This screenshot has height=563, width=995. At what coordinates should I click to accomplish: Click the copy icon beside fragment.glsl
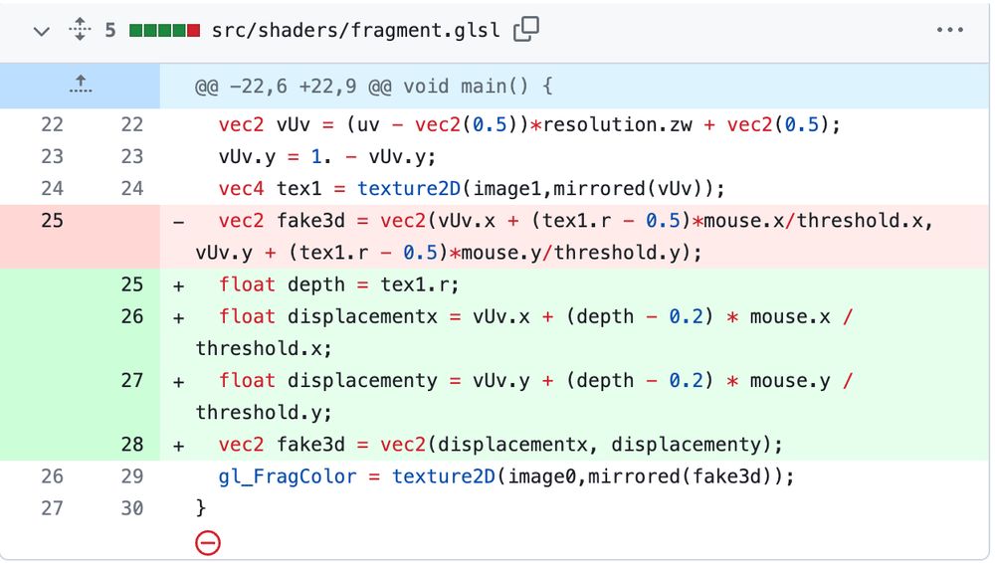tap(525, 30)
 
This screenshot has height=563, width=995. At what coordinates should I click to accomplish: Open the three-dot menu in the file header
tap(950, 30)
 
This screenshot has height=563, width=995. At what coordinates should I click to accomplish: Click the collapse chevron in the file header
tap(41, 31)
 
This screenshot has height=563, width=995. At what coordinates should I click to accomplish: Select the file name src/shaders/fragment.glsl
tap(355, 30)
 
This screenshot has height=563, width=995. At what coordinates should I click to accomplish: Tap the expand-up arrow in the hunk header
tap(81, 87)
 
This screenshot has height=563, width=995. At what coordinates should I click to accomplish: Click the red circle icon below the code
tap(208, 542)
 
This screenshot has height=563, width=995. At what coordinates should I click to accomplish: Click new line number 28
tap(132, 445)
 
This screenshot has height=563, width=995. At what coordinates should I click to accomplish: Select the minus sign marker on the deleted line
tap(179, 221)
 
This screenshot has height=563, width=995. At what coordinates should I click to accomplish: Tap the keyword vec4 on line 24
tap(241, 189)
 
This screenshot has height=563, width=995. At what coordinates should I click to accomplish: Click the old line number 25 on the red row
tap(52, 221)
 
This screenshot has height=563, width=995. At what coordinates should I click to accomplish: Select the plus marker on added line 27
tap(179, 381)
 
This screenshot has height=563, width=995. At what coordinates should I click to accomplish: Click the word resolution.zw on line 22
tap(583, 125)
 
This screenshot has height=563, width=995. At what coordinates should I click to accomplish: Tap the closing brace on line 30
tap(201, 508)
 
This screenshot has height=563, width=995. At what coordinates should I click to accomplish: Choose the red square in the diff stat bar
tap(192, 30)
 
